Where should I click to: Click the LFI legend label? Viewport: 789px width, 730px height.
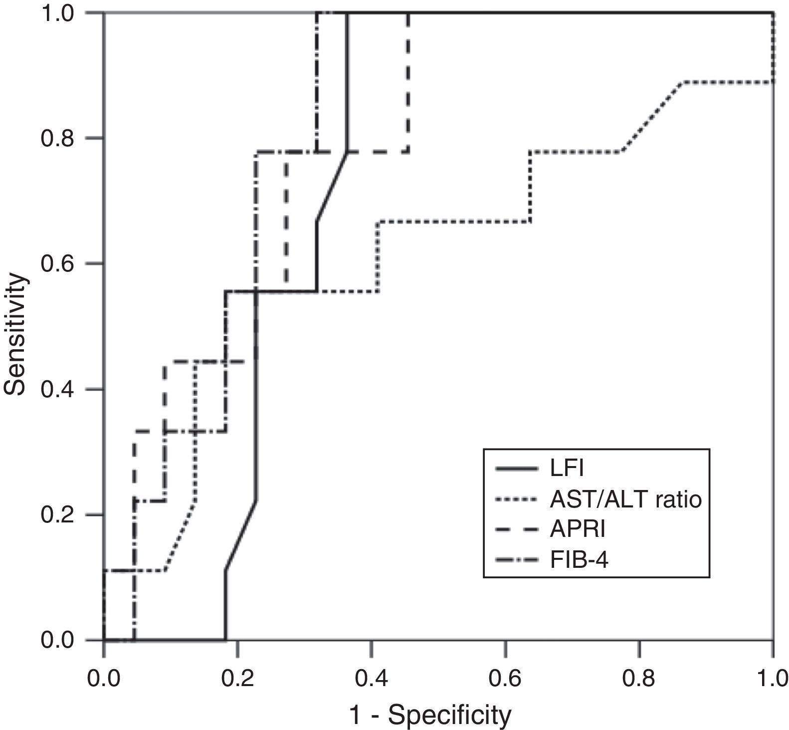click(567, 469)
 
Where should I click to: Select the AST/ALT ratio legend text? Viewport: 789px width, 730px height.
click(626, 499)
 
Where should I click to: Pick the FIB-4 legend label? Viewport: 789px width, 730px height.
click(580, 560)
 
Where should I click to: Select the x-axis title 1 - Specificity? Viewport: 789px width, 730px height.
click(430, 716)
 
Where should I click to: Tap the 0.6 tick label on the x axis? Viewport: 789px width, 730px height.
click(505, 680)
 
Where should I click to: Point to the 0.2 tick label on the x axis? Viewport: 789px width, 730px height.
click(237, 680)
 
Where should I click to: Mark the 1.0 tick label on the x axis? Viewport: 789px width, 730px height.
click(772, 680)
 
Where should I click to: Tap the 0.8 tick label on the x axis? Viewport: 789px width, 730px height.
click(639, 680)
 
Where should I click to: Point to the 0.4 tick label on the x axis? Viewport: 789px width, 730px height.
click(371, 680)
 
